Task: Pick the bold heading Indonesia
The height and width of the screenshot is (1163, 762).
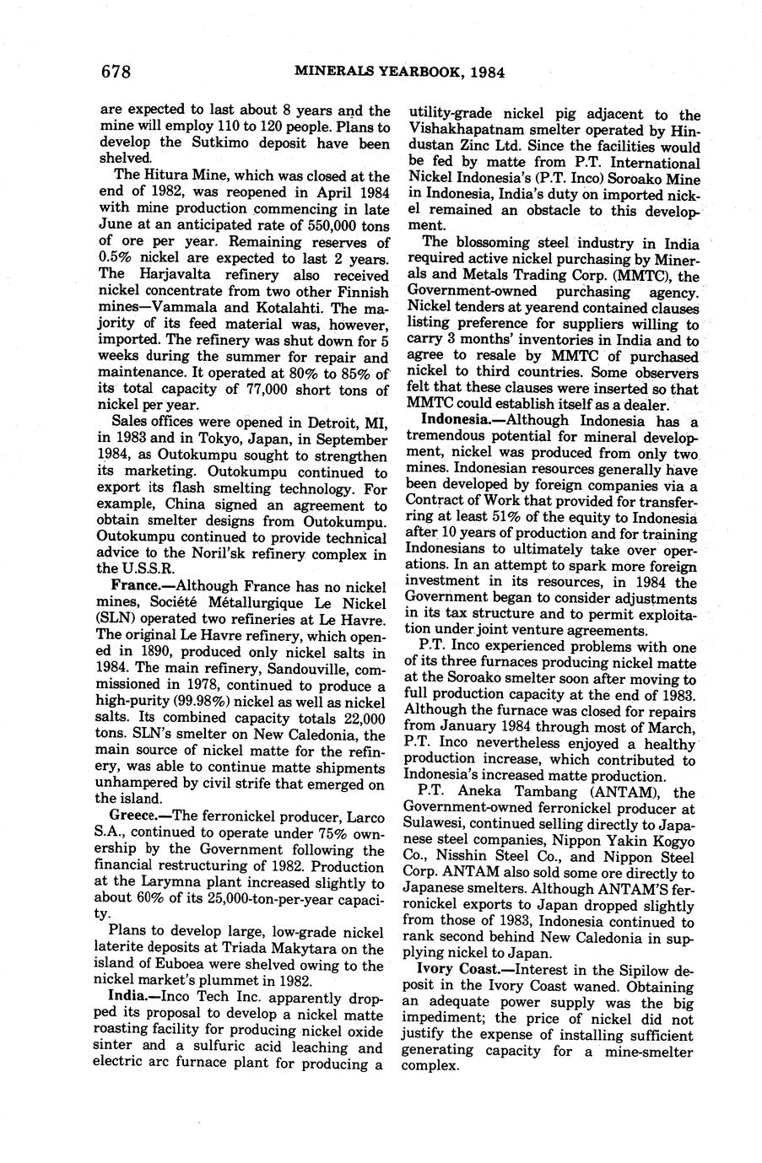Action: click(456, 420)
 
